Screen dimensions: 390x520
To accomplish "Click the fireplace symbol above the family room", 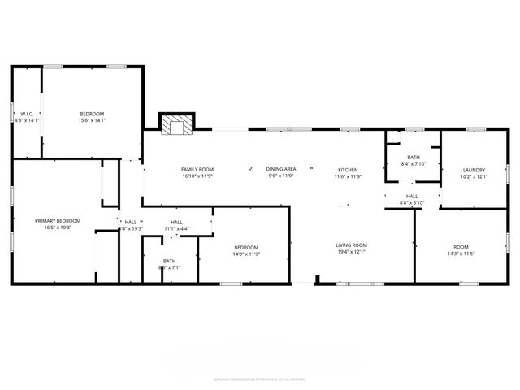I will click(176, 127).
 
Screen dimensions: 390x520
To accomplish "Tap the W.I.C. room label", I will click(27, 113).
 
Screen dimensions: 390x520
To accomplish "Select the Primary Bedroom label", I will click(58, 220).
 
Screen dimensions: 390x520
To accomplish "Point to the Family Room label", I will click(197, 168).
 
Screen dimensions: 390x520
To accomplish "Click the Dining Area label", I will click(281, 168).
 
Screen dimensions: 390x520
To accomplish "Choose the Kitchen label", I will click(348, 168).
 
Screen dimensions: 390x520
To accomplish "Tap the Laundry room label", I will click(473, 170).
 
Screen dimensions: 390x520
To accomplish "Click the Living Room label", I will click(352, 245).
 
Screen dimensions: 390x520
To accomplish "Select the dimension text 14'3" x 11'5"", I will click(461, 253).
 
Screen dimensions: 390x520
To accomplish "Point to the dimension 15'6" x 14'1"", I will click(92, 120).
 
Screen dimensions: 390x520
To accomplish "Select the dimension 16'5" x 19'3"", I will click(58, 227).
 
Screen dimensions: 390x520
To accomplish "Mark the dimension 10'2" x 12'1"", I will click(473, 176).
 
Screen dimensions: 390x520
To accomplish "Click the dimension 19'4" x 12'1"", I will click(352, 252).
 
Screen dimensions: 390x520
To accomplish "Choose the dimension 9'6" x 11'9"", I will click(281, 175).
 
